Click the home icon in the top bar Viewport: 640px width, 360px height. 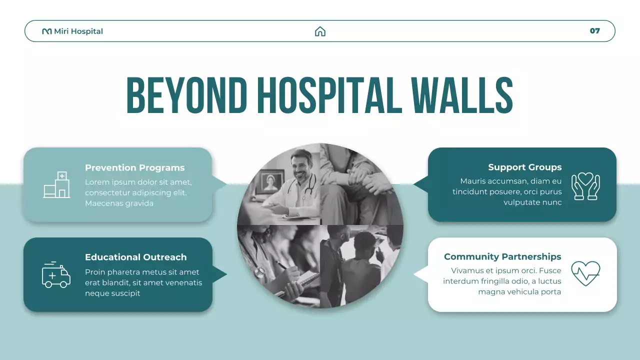coord(320,31)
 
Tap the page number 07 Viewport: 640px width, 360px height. coord(594,31)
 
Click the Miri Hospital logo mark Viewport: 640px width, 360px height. coord(47,31)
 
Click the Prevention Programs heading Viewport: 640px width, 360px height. coord(134,168)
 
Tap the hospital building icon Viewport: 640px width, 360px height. coord(56,185)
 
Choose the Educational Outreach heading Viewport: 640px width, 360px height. coord(135,257)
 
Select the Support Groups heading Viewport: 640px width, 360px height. coord(524,167)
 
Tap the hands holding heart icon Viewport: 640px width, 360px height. coord(585,186)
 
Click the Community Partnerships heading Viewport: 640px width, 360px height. coord(502,257)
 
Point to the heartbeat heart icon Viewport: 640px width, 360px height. coord(585,273)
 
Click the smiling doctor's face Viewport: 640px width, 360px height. coord(301,167)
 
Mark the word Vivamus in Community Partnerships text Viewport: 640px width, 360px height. coord(468,271)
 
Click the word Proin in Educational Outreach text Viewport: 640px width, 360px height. coord(95,272)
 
